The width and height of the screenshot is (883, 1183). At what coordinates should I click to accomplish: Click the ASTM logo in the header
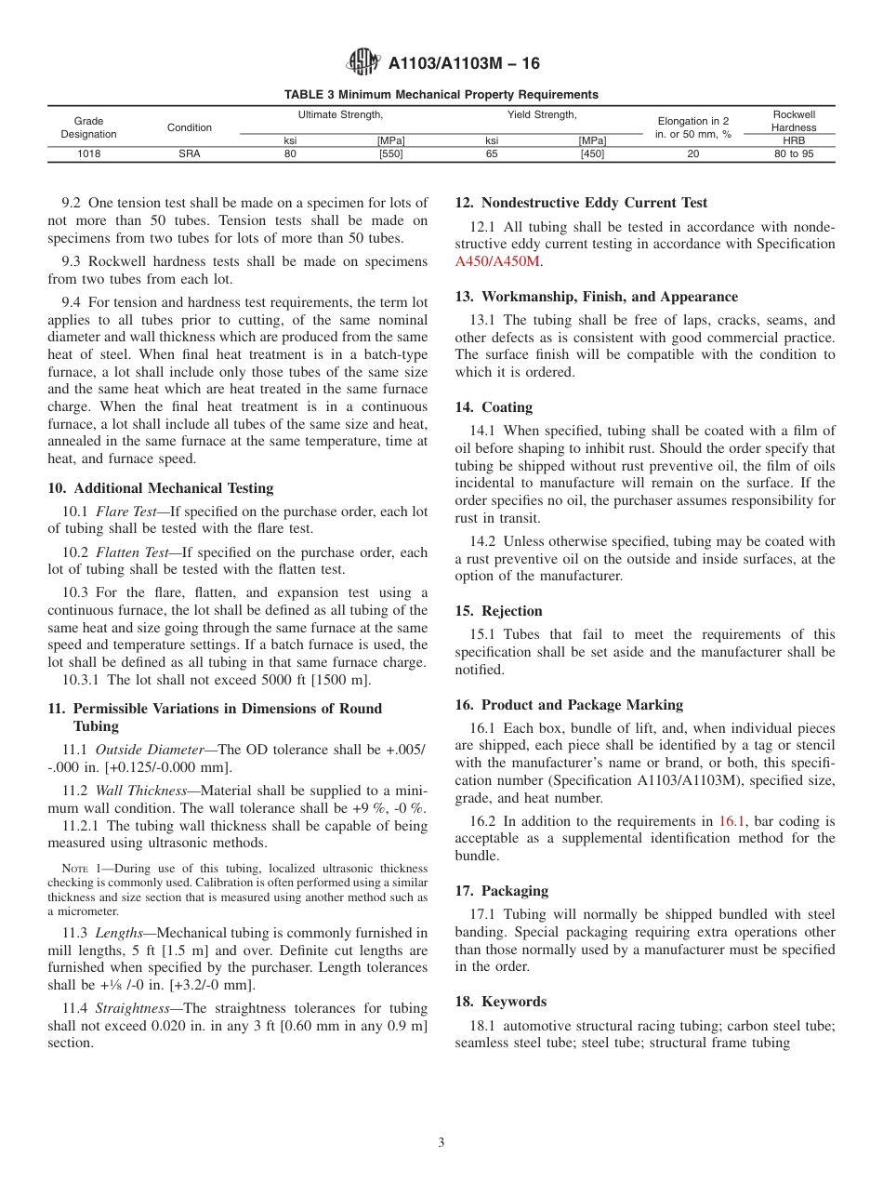362,63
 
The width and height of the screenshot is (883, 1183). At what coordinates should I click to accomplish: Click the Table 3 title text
441,95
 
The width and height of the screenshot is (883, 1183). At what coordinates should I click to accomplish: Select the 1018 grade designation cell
88,154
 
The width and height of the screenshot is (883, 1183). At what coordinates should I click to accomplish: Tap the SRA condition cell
189,154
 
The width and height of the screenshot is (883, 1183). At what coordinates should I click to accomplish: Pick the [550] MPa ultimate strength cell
390,154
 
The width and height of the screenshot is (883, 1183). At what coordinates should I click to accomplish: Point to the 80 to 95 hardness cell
793,154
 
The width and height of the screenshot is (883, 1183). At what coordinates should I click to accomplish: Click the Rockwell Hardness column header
793,121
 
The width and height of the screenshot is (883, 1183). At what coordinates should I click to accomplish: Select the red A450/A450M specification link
497,261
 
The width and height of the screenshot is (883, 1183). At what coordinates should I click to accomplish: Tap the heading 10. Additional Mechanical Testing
160,488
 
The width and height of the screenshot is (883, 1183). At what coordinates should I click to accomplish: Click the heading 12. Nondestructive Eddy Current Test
581,203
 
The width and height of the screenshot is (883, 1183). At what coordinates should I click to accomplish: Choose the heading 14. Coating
494,407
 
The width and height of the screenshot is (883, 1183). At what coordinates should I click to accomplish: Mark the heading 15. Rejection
498,611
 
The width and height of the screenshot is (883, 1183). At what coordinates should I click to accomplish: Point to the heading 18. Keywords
500,1002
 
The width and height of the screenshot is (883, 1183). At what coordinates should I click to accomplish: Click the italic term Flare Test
125,512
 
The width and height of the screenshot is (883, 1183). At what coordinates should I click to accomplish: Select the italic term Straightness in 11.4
132,1008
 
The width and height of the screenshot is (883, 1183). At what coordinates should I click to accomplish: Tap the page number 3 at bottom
441,1143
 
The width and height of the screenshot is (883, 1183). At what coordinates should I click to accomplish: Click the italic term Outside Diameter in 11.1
147,750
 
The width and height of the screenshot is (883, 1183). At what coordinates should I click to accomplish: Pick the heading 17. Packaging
502,891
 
